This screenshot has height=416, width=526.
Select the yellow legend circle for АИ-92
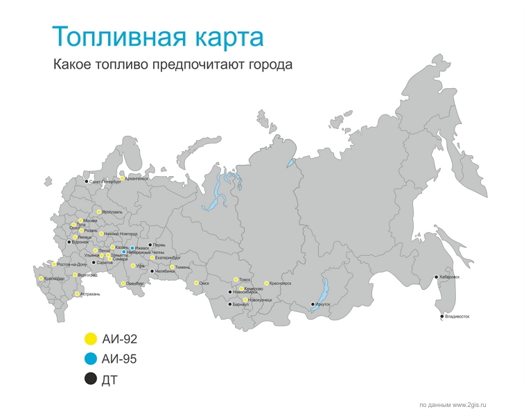(89, 339)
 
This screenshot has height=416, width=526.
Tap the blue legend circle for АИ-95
(89, 359)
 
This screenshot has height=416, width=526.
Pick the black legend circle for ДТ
(89, 379)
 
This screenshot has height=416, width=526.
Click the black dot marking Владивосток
(442, 317)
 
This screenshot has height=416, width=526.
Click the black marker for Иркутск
(313, 304)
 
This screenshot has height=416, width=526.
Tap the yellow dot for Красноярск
(266, 283)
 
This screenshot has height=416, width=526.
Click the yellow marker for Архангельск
(123, 178)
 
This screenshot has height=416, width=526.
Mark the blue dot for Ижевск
(132, 248)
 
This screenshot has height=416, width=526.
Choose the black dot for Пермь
(150, 245)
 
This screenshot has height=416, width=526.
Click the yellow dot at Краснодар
(42, 279)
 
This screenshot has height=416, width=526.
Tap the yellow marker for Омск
(196, 283)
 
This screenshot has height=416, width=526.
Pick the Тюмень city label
(183, 267)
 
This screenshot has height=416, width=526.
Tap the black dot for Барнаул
(230, 304)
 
